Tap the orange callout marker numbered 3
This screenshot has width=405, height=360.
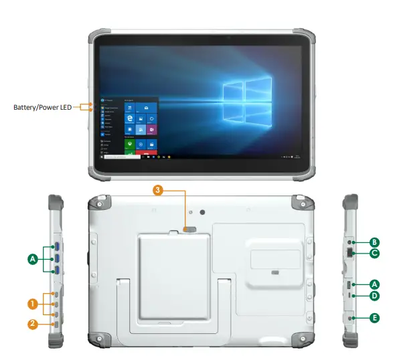tap(158, 190)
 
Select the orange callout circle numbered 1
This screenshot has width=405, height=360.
tap(31, 303)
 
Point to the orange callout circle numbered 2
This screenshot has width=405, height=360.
tap(31, 325)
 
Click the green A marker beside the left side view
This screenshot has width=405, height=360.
tap(31, 258)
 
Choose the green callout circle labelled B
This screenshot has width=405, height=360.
tap(375, 242)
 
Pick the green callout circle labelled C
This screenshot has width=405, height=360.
tap(375, 253)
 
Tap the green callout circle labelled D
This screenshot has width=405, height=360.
tap(375, 295)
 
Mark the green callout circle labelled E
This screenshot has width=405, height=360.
tap(375, 319)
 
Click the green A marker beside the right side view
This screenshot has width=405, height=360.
tap(375, 284)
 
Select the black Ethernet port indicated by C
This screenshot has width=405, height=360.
tap(350, 253)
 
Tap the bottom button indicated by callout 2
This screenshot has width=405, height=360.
tap(56, 325)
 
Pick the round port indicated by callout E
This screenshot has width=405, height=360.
tap(351, 319)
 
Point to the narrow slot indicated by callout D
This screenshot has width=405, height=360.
tap(351, 296)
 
